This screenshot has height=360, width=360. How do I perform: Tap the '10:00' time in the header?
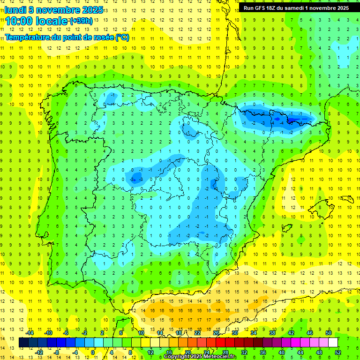tap(18, 21)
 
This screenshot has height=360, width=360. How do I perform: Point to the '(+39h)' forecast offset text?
tap(81, 21)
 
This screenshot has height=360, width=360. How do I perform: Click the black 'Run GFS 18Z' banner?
tap(296, 8)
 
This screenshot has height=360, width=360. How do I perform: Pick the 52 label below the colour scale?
tap(338, 352)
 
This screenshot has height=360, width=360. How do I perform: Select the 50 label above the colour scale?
tap(329, 333)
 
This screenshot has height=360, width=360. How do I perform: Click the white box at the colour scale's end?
tap(333, 343)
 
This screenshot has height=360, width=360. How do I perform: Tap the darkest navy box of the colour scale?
tap(23, 343)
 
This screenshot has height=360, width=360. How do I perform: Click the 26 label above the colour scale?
tap(216, 333)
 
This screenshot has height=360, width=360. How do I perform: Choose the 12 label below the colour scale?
tap(150, 352)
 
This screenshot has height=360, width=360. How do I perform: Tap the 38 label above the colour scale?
tap(272, 333)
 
